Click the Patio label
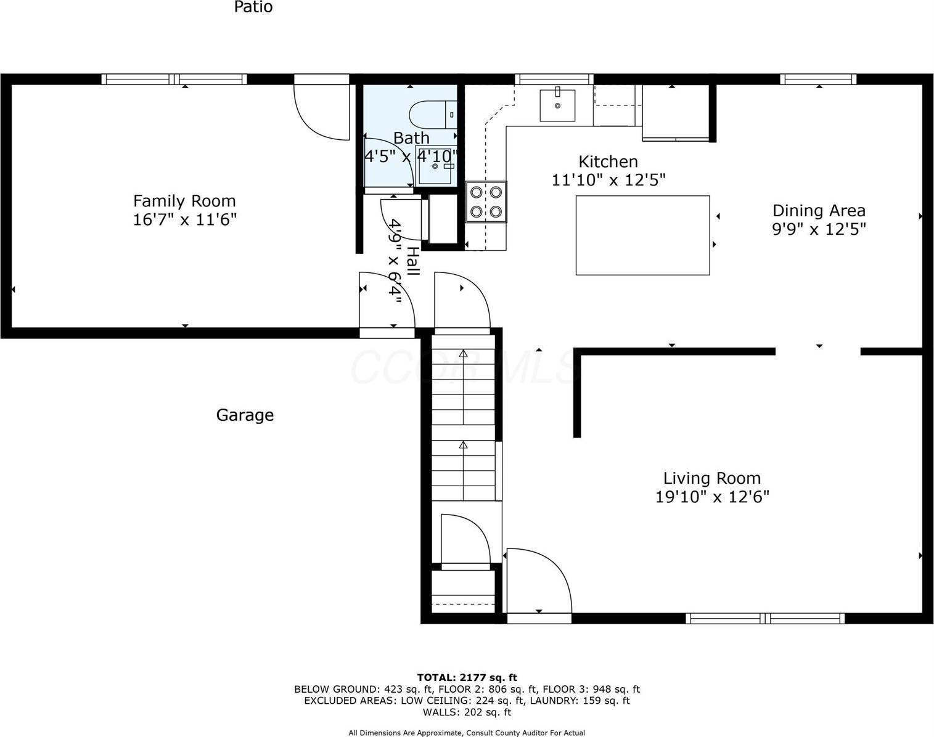coord(253,7)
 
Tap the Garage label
coord(245,415)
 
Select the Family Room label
coord(184,201)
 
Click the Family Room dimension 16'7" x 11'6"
coord(184,219)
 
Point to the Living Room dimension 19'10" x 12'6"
coord(712,497)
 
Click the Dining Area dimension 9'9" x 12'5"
coord(819,229)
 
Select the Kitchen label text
coord(608,161)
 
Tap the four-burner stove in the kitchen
coord(486,202)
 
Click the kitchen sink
coord(557,105)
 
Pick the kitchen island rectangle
coord(642,235)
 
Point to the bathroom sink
coord(436,166)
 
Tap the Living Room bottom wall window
coord(764,618)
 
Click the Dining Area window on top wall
coord(817,79)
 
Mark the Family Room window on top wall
coord(174,79)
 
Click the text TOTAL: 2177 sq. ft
coord(467,678)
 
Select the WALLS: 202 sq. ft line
coord(467,712)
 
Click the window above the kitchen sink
coord(554,79)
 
